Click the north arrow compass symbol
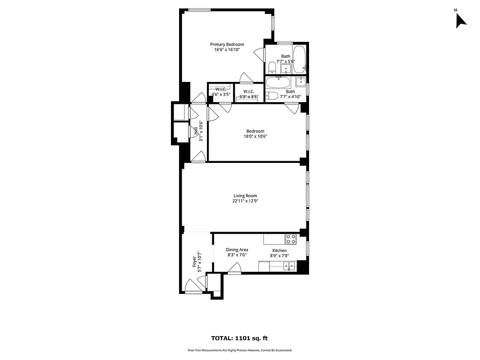click(460, 20)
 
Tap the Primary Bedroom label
click(227, 45)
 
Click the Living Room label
click(245, 196)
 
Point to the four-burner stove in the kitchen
click(291, 239)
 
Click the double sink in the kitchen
click(288, 266)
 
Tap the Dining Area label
click(237, 250)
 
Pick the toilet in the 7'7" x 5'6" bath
click(272, 68)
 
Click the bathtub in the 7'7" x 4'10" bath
click(278, 82)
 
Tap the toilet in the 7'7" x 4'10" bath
click(271, 96)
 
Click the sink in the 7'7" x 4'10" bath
click(301, 81)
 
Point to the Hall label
click(196, 131)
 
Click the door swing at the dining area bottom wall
click(234, 269)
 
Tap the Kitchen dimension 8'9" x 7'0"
click(279, 256)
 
